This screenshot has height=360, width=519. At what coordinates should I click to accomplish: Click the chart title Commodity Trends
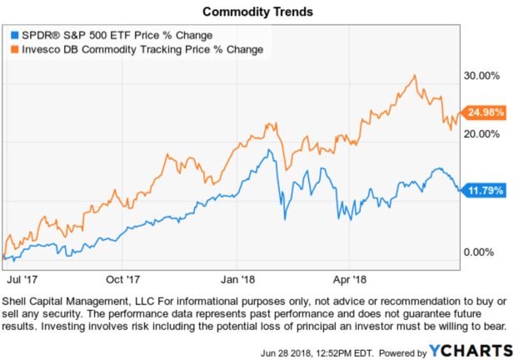pos(258,12)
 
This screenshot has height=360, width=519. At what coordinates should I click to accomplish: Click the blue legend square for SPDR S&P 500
pos(13,35)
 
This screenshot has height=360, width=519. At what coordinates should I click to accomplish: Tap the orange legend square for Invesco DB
pos(13,49)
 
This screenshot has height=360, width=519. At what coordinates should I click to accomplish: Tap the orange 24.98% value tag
pos(483,112)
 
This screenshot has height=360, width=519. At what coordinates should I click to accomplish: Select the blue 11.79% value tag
pos(483,189)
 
